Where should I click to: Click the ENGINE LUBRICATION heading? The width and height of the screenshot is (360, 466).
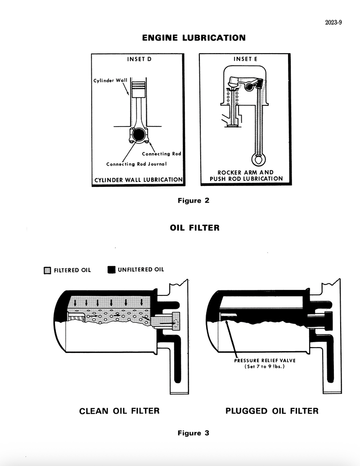194,38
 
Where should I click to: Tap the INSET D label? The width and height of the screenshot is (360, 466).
136,59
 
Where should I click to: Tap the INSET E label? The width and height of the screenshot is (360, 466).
243,59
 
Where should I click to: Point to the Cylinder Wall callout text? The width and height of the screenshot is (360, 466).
110,81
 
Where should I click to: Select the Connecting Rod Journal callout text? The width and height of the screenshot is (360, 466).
136,164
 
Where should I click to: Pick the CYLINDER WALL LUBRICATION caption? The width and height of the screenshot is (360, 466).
138,180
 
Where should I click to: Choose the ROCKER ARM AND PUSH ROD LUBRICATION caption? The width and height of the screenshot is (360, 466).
246,176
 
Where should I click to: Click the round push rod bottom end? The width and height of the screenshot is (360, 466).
257,159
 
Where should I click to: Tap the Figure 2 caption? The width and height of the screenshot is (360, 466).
193,201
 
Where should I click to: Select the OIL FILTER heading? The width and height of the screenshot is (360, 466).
194,228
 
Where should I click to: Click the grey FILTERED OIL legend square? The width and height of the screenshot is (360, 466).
47,270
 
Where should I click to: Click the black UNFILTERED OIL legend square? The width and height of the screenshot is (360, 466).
112,270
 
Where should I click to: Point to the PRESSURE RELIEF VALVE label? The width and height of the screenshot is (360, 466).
265,360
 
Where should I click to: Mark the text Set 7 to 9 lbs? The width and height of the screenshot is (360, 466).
265,366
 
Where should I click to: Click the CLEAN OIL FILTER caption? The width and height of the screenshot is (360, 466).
119,411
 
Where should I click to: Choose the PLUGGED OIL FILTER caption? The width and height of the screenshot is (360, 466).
272,411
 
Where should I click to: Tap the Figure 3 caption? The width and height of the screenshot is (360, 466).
193,433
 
